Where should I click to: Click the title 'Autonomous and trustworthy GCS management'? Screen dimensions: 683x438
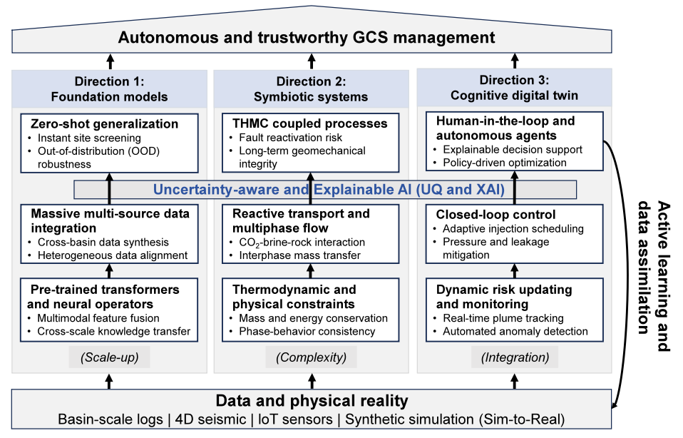click(x=307, y=38)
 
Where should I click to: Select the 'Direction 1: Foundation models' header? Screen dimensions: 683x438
click(x=109, y=89)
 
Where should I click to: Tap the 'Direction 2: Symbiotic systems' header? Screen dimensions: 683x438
click(x=311, y=89)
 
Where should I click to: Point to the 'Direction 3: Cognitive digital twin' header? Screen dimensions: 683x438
click(x=515, y=88)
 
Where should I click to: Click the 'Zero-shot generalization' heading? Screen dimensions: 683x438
click(x=105, y=124)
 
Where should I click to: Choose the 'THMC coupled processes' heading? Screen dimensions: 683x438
click(x=309, y=123)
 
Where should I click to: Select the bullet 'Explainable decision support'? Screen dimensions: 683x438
click(x=512, y=150)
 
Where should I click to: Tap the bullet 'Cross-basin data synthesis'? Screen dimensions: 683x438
click(x=103, y=243)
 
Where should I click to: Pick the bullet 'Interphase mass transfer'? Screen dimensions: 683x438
click(x=299, y=255)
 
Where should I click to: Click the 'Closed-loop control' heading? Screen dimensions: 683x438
click(x=495, y=215)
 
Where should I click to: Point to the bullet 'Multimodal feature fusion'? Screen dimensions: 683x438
click(x=98, y=318)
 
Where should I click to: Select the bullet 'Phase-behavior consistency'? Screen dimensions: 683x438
click(x=307, y=331)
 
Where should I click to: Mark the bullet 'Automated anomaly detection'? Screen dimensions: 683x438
click(x=515, y=331)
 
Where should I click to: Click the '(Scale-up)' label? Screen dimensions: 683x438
click(x=109, y=357)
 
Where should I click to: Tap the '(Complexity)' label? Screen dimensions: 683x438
click(x=311, y=357)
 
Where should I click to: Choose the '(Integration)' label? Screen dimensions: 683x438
click(x=515, y=357)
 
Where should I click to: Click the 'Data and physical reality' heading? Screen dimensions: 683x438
click(x=312, y=400)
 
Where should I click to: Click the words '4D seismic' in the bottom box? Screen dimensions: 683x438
click(x=210, y=419)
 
